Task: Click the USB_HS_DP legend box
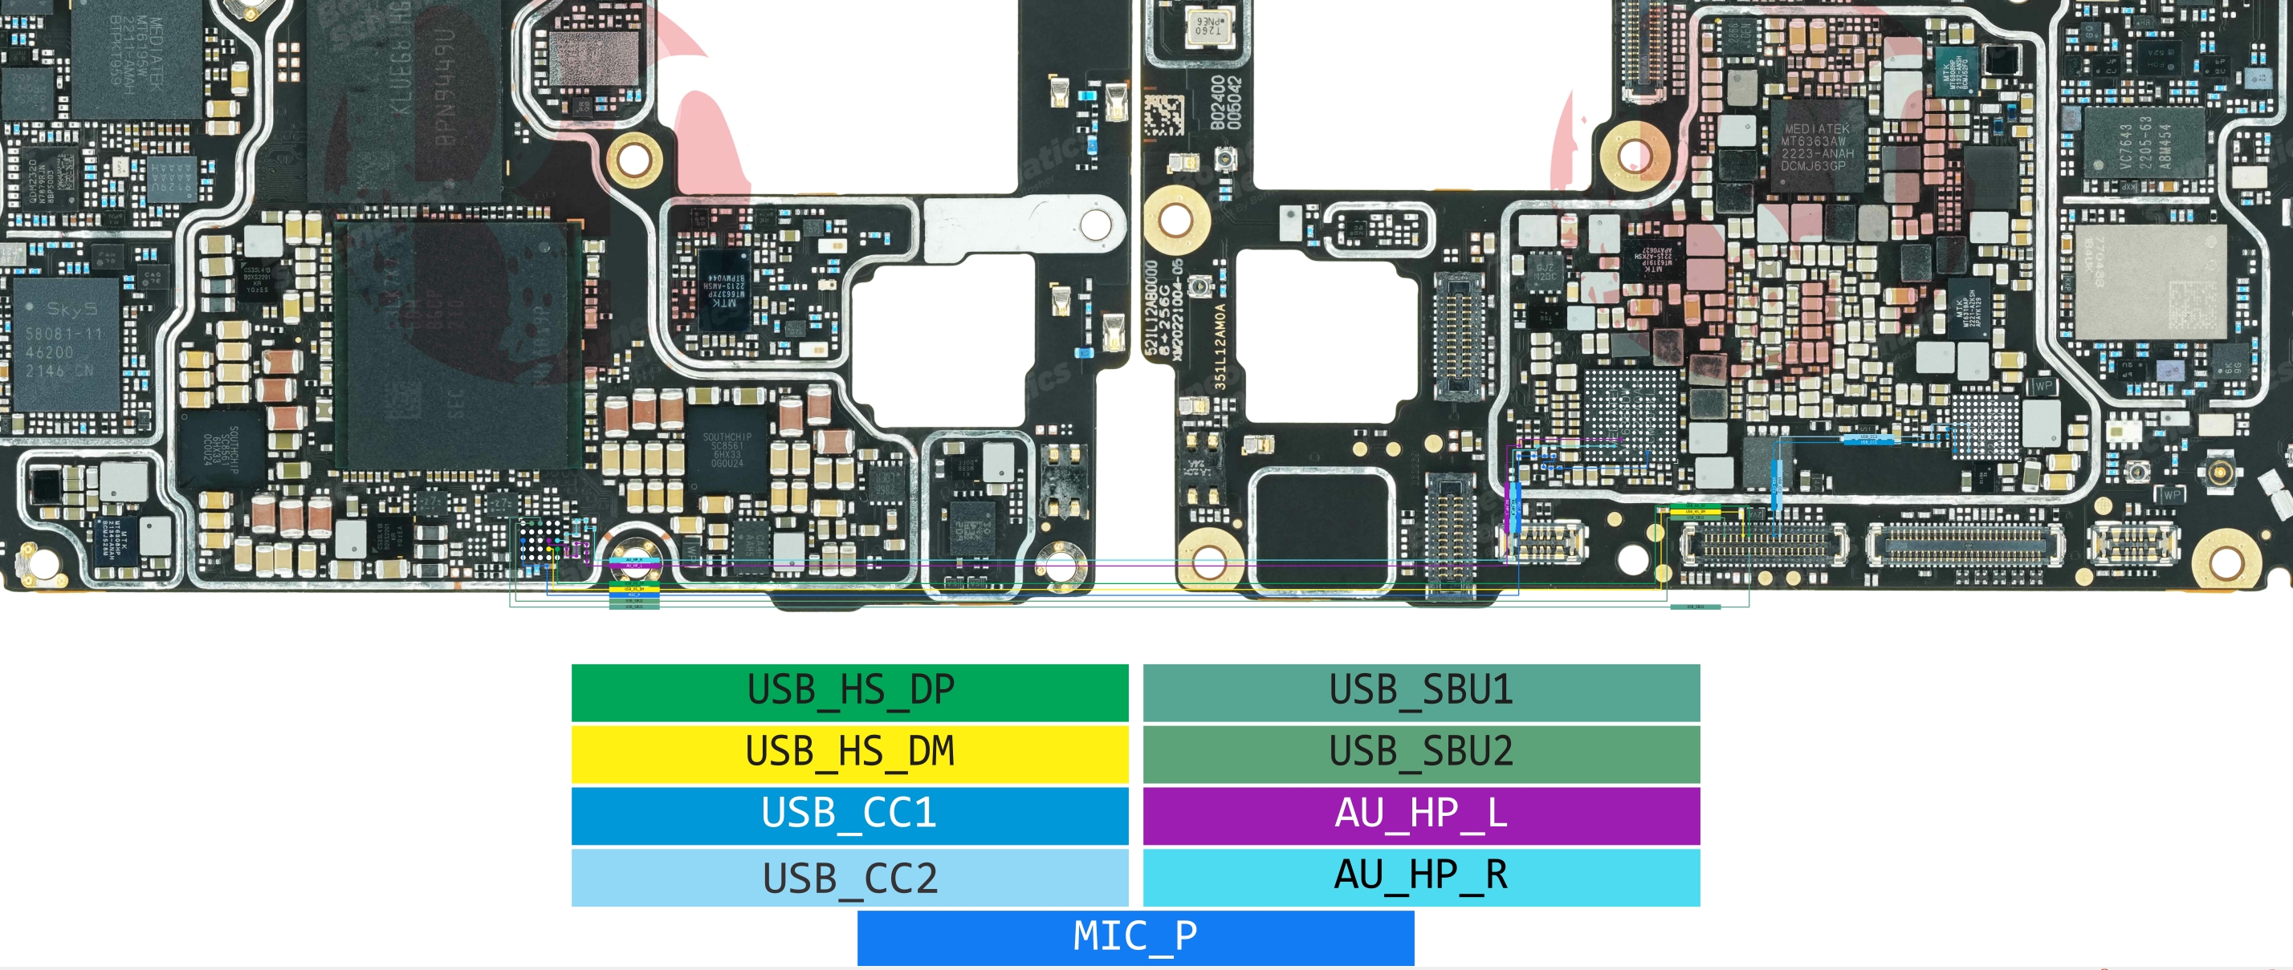click(849, 692)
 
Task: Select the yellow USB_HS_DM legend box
click(849, 753)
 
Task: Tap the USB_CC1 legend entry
click(849, 814)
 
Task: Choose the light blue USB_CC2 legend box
click(849, 878)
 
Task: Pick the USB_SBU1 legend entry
click(1420, 692)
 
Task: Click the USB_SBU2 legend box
click(1420, 753)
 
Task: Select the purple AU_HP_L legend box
click(1420, 814)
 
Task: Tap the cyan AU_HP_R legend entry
click(1420, 877)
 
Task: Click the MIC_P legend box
click(1135, 937)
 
